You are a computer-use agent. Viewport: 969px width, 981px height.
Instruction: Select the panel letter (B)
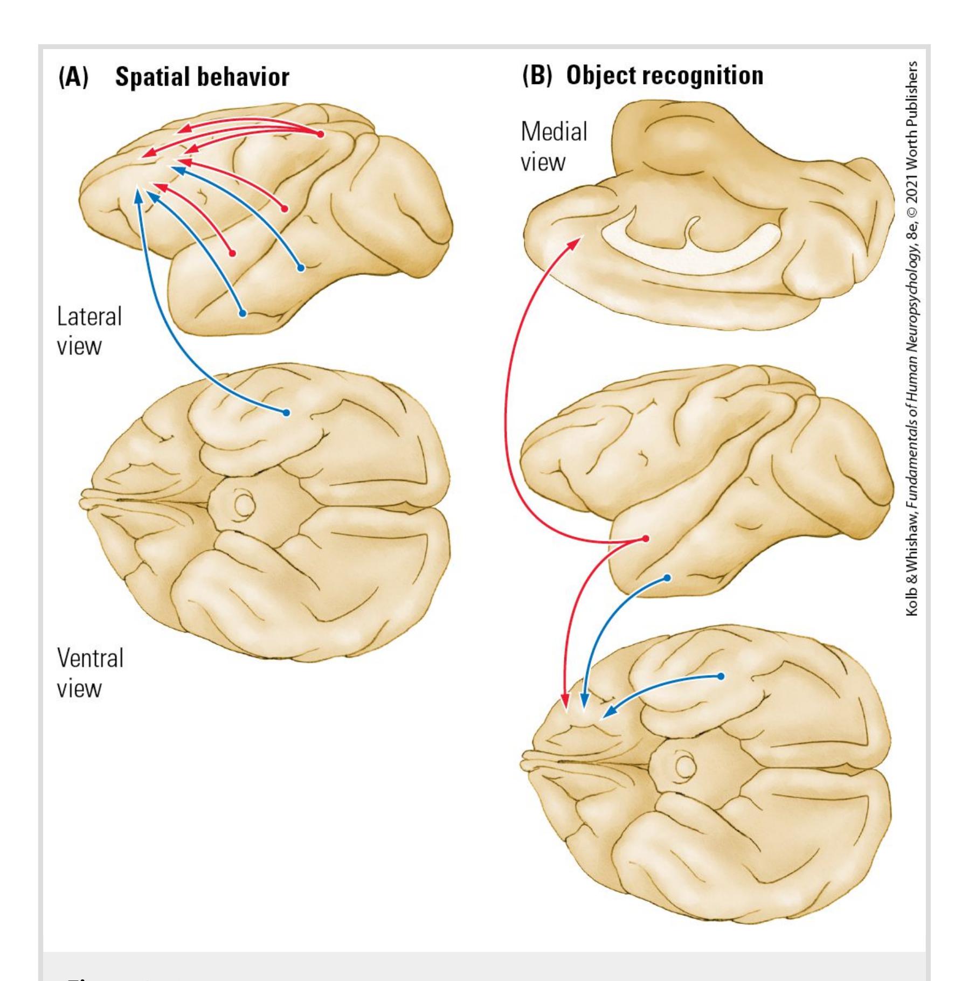click(x=537, y=76)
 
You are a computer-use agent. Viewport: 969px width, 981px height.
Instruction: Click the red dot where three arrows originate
click(x=320, y=134)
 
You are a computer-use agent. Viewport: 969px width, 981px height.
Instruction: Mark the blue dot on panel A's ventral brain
click(x=286, y=413)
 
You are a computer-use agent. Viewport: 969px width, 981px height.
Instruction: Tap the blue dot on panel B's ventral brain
click(x=721, y=676)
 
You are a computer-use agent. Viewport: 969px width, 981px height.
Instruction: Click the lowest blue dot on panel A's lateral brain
click(x=243, y=312)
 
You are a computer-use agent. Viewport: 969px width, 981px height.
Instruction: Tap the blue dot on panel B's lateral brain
click(x=667, y=578)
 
